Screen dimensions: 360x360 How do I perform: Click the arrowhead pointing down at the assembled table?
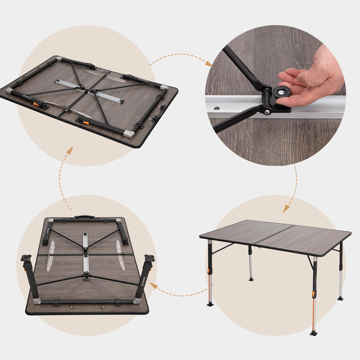tap(286, 209)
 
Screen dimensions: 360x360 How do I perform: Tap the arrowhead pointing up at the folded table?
tap(69, 150)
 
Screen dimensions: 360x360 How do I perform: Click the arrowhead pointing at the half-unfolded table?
tap(153, 285)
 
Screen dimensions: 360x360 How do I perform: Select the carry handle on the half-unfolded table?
tap(84, 217)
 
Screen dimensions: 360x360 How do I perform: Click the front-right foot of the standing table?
tap(313, 333)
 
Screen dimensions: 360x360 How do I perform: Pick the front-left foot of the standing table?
tap(210, 304)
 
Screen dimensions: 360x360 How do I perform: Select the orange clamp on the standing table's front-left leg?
tap(209, 271)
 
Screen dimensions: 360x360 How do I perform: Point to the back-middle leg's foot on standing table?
tap(251, 279)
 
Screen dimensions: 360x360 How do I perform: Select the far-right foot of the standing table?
tap(340, 298)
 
